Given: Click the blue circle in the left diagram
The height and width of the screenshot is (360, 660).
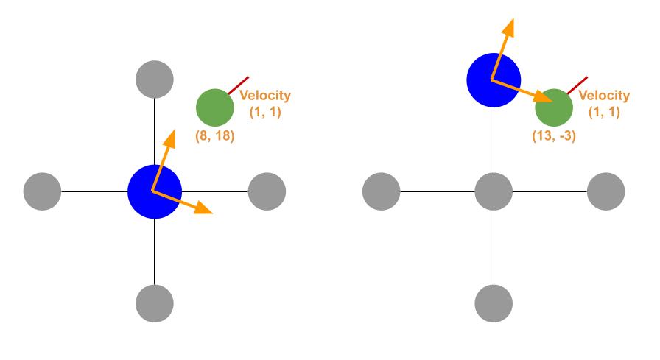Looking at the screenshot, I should (155, 191).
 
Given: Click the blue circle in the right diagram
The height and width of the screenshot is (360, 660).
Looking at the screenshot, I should (494, 80).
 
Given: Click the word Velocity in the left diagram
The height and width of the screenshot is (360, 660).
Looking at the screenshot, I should (265, 96).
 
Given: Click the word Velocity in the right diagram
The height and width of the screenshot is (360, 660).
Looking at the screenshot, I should (604, 96).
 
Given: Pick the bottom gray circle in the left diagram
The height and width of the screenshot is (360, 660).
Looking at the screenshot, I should (155, 303).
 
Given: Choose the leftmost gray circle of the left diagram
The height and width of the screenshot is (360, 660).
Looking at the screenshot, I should (42, 191).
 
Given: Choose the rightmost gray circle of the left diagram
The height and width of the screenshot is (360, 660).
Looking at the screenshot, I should (267, 191).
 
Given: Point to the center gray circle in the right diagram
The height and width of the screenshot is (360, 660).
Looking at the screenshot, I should (494, 191).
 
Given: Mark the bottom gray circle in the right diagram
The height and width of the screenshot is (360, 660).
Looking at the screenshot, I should (494, 303).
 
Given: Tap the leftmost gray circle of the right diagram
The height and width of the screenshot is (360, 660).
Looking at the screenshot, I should (382, 191).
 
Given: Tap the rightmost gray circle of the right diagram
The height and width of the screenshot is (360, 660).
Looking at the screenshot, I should (605, 191).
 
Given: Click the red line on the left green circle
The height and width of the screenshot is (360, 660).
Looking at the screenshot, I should (239, 85).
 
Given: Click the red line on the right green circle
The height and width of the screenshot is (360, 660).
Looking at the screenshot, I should (577, 85).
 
